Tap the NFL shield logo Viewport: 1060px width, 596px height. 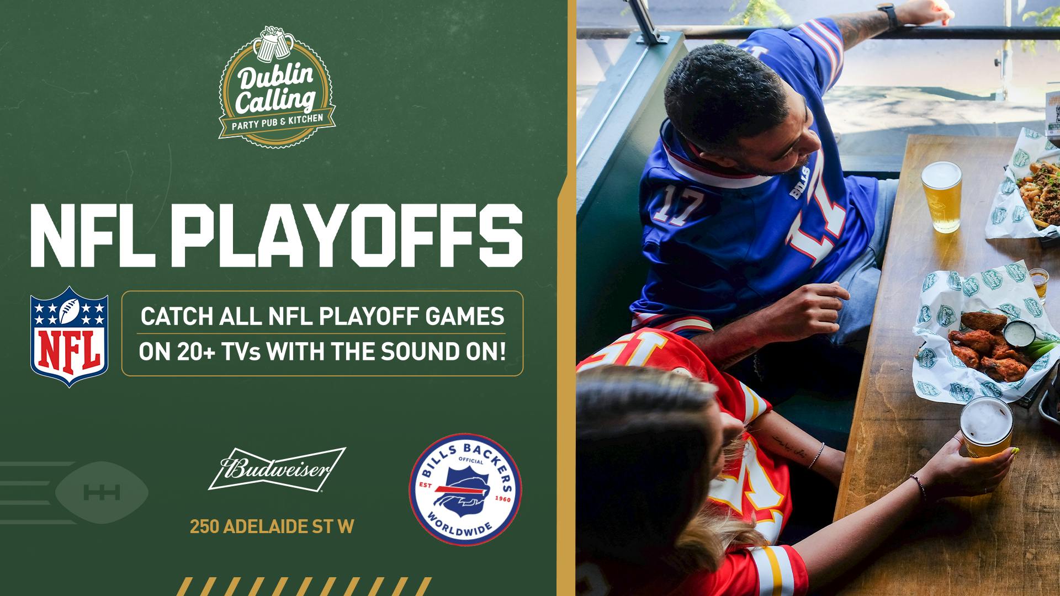coord(69,336)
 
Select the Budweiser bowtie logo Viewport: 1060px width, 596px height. coord(277,469)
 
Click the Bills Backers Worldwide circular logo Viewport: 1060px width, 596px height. coord(465,489)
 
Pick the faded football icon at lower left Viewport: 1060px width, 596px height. coord(102,492)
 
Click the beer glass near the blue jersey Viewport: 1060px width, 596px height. coord(941,196)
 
